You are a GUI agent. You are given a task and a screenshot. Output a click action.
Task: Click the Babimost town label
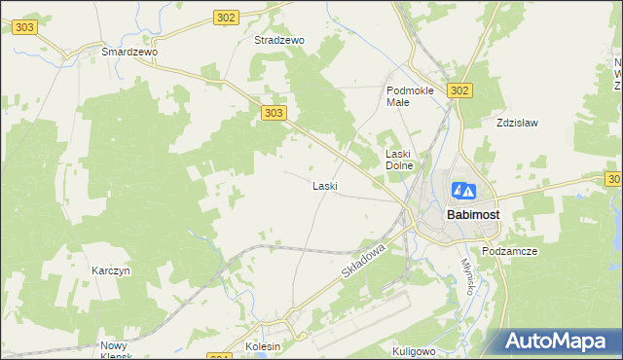(x=473, y=214)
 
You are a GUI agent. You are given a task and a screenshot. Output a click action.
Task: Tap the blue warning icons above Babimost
(x=464, y=191)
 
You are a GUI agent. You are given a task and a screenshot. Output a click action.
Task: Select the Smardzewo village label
(x=129, y=51)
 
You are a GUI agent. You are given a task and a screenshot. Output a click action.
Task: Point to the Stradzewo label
(x=279, y=41)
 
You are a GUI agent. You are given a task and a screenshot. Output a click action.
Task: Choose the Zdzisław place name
(x=517, y=124)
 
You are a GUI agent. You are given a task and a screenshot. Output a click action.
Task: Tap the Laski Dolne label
(x=400, y=159)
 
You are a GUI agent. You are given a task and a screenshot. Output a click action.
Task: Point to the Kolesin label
(x=263, y=346)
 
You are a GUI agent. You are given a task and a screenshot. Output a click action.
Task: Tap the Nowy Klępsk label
(x=120, y=350)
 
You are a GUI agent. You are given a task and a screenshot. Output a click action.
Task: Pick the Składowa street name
(x=365, y=264)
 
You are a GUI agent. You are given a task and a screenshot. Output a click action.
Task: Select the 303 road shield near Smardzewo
(x=24, y=27)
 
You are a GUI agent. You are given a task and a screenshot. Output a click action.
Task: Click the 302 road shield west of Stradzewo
(x=226, y=18)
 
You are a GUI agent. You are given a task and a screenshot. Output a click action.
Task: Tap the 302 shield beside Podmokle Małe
(x=460, y=90)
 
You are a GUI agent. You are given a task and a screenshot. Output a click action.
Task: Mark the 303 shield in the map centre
(x=275, y=114)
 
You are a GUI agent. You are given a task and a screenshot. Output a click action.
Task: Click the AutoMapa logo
(x=558, y=339)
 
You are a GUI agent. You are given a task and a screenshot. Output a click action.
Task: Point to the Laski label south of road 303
(x=324, y=185)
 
